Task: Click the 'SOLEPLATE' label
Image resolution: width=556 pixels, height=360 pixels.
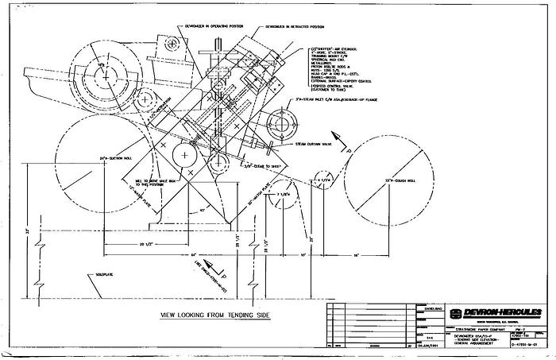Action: (95, 276)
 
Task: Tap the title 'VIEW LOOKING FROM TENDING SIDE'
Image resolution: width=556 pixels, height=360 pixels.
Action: (214, 315)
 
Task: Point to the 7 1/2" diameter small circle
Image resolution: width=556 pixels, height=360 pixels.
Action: (280, 201)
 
